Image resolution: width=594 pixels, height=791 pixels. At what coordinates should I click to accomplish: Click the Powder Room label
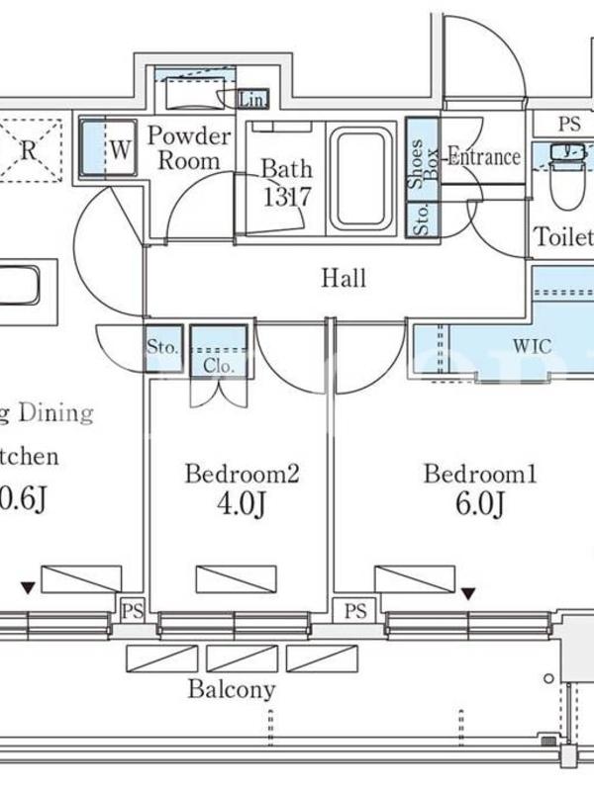pyautogui.click(x=189, y=147)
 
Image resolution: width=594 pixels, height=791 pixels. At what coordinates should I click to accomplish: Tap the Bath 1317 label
pyautogui.click(x=287, y=183)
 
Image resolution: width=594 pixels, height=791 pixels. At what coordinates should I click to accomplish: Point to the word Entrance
pyautogui.click(x=484, y=156)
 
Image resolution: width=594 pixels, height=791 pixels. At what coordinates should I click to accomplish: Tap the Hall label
pyautogui.click(x=344, y=278)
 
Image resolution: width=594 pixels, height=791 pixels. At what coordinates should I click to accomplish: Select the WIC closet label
pyautogui.click(x=532, y=347)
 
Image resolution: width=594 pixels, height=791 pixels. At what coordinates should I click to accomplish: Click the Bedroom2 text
pyautogui.click(x=242, y=475)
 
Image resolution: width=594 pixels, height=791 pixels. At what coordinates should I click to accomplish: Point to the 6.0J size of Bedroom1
pyautogui.click(x=480, y=505)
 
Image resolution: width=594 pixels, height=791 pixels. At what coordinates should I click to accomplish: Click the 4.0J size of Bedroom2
pyautogui.click(x=242, y=505)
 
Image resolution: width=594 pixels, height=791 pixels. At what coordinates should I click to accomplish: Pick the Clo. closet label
pyautogui.click(x=218, y=365)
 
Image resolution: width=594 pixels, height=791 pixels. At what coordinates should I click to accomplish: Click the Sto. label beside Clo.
pyautogui.click(x=161, y=347)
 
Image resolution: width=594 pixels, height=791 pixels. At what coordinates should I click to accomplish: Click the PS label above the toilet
pyautogui.click(x=568, y=124)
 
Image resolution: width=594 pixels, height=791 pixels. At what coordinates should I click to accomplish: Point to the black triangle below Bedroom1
pyautogui.click(x=468, y=593)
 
